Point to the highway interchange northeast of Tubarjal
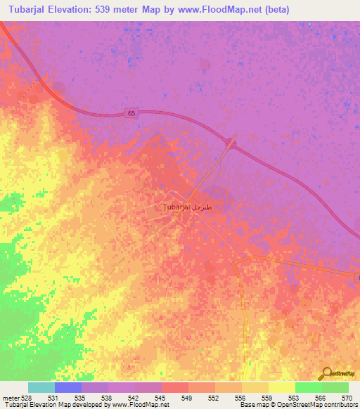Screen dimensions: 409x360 coord(231,145)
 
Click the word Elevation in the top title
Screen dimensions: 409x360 coord(79,10)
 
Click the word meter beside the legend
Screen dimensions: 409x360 coord(11,397)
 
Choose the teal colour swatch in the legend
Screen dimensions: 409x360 coord(41,387)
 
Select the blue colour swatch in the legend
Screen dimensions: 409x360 coord(68,387)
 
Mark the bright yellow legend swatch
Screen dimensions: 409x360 coord(281,387)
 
